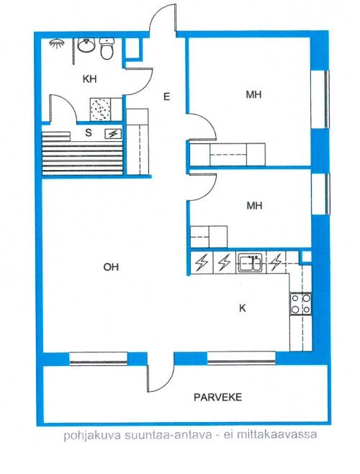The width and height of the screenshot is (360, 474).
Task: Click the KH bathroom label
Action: (89, 79)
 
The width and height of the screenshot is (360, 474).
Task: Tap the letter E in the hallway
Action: (166, 97)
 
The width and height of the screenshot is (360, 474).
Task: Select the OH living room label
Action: (111, 267)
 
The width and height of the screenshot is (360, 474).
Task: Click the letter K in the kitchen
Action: (243, 308)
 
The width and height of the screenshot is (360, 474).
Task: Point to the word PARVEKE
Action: (217, 397)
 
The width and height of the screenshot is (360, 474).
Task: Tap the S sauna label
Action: (89, 133)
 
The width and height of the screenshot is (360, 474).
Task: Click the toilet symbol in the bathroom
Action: (107, 48)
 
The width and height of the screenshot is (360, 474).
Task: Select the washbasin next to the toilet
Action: (86, 45)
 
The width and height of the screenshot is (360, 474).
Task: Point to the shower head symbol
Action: (57, 43)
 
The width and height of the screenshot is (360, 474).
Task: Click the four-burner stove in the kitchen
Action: (300, 303)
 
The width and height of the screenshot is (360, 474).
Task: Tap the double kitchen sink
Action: (251, 263)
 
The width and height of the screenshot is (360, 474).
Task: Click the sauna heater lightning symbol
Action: (112, 133)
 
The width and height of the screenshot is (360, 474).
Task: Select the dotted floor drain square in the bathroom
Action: (100, 109)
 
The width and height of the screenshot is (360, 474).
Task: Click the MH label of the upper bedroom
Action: (253, 94)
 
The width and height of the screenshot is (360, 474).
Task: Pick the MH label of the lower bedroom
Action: (254, 206)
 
